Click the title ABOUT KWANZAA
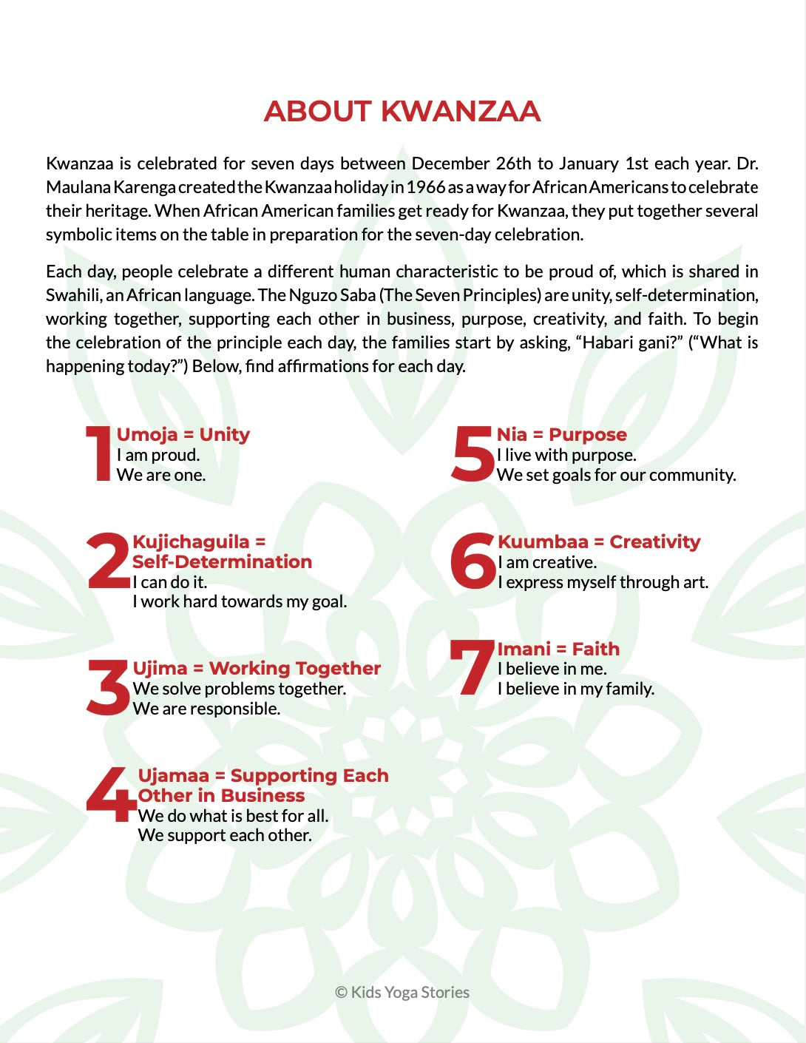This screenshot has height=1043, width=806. point(402,112)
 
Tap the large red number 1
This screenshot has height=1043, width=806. point(98,454)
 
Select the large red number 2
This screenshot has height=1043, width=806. point(108,561)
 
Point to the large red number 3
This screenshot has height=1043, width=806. point(108,688)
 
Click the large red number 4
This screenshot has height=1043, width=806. point(111,795)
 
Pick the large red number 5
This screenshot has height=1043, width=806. point(473,454)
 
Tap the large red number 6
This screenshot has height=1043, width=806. point(473,561)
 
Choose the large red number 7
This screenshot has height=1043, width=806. point(472,668)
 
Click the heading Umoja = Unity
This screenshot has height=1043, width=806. point(183,435)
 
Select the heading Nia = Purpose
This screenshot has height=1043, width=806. point(562,435)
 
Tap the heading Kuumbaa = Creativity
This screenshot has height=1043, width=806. point(599,542)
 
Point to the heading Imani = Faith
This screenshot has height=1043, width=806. point(558,649)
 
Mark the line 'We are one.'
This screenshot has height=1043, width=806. point(161,475)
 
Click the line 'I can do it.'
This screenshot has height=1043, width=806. point(170,582)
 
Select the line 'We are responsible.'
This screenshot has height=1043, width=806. point(207,709)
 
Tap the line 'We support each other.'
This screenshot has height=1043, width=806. point(225,835)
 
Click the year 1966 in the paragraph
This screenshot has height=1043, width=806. point(426,187)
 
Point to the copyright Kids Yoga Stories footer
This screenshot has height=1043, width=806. point(402,993)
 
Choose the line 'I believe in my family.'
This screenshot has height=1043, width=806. point(576,689)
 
